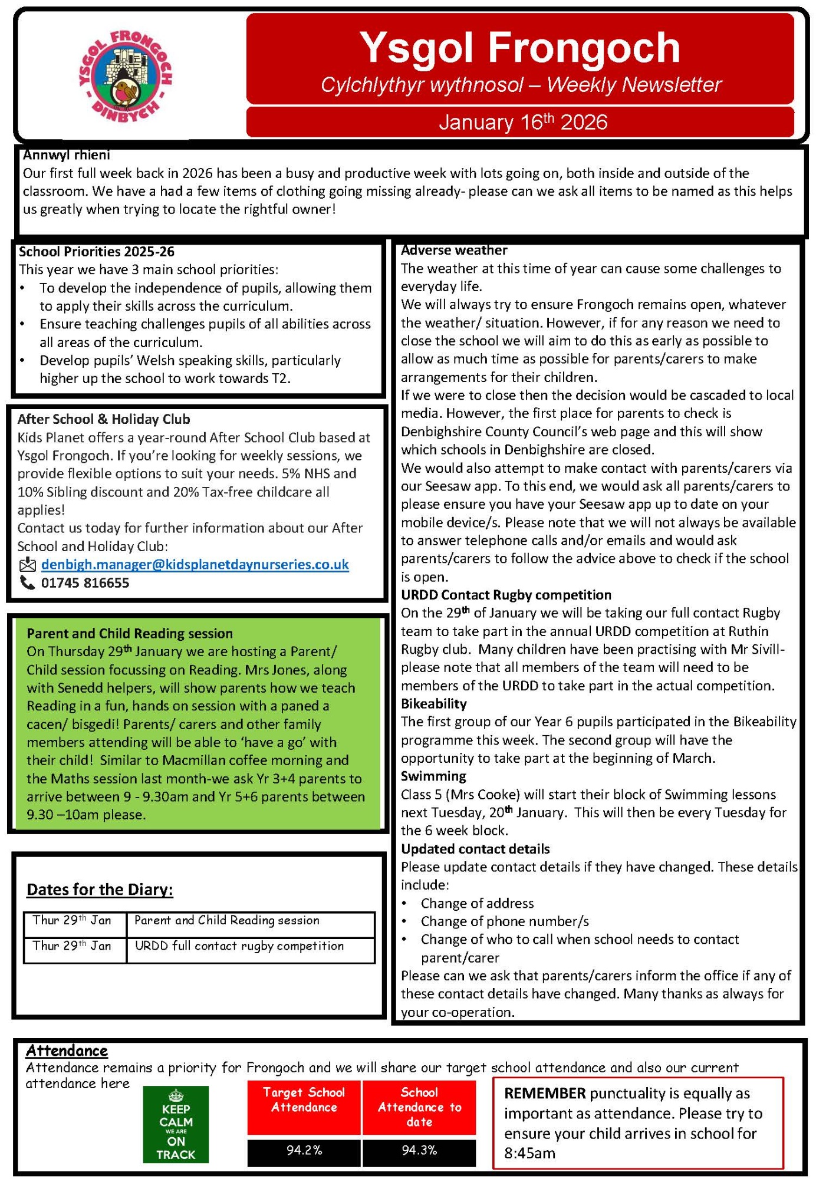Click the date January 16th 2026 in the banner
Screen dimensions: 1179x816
point(522,122)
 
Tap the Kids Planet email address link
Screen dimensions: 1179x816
point(195,565)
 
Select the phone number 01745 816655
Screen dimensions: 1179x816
point(85,583)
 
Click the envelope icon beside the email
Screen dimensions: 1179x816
point(28,565)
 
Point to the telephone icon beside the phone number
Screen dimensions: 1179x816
point(28,583)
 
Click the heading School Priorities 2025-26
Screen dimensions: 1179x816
point(97,252)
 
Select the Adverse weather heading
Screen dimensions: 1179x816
point(454,250)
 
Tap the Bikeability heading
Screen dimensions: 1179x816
point(433,703)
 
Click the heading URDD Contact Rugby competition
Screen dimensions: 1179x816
point(506,595)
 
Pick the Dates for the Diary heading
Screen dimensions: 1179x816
point(100,889)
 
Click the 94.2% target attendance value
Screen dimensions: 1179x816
point(304,1150)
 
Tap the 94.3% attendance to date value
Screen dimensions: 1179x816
point(419,1150)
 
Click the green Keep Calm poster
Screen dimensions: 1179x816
point(176,1124)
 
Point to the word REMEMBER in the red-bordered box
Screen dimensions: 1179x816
point(545,1094)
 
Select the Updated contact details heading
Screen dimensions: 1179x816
point(475,849)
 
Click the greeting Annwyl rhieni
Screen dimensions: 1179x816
point(67,155)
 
